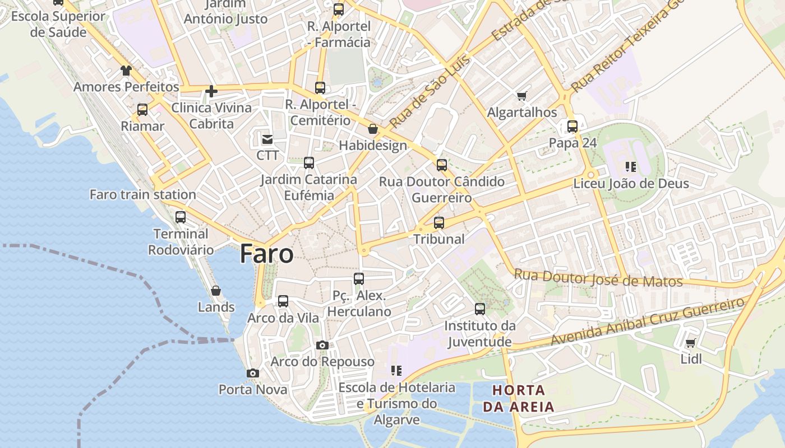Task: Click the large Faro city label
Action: click(x=266, y=254)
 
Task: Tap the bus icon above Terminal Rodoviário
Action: click(x=181, y=217)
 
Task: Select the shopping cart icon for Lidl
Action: click(x=691, y=343)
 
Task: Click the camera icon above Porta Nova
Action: click(x=253, y=373)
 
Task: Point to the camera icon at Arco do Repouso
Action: click(x=322, y=345)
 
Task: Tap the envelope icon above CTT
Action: click(x=267, y=139)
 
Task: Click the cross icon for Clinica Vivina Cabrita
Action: click(x=211, y=91)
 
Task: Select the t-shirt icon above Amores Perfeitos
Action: click(x=126, y=71)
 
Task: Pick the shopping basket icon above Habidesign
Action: click(x=373, y=129)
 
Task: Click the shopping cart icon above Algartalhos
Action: click(x=522, y=96)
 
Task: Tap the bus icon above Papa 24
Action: click(x=572, y=127)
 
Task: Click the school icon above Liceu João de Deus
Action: click(x=631, y=167)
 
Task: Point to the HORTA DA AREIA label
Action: click(x=519, y=398)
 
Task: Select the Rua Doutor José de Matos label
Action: click(x=598, y=278)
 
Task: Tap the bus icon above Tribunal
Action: click(x=439, y=223)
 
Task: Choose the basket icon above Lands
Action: click(x=216, y=291)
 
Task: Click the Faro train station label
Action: click(x=143, y=195)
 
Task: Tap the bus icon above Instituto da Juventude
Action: click(x=480, y=309)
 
